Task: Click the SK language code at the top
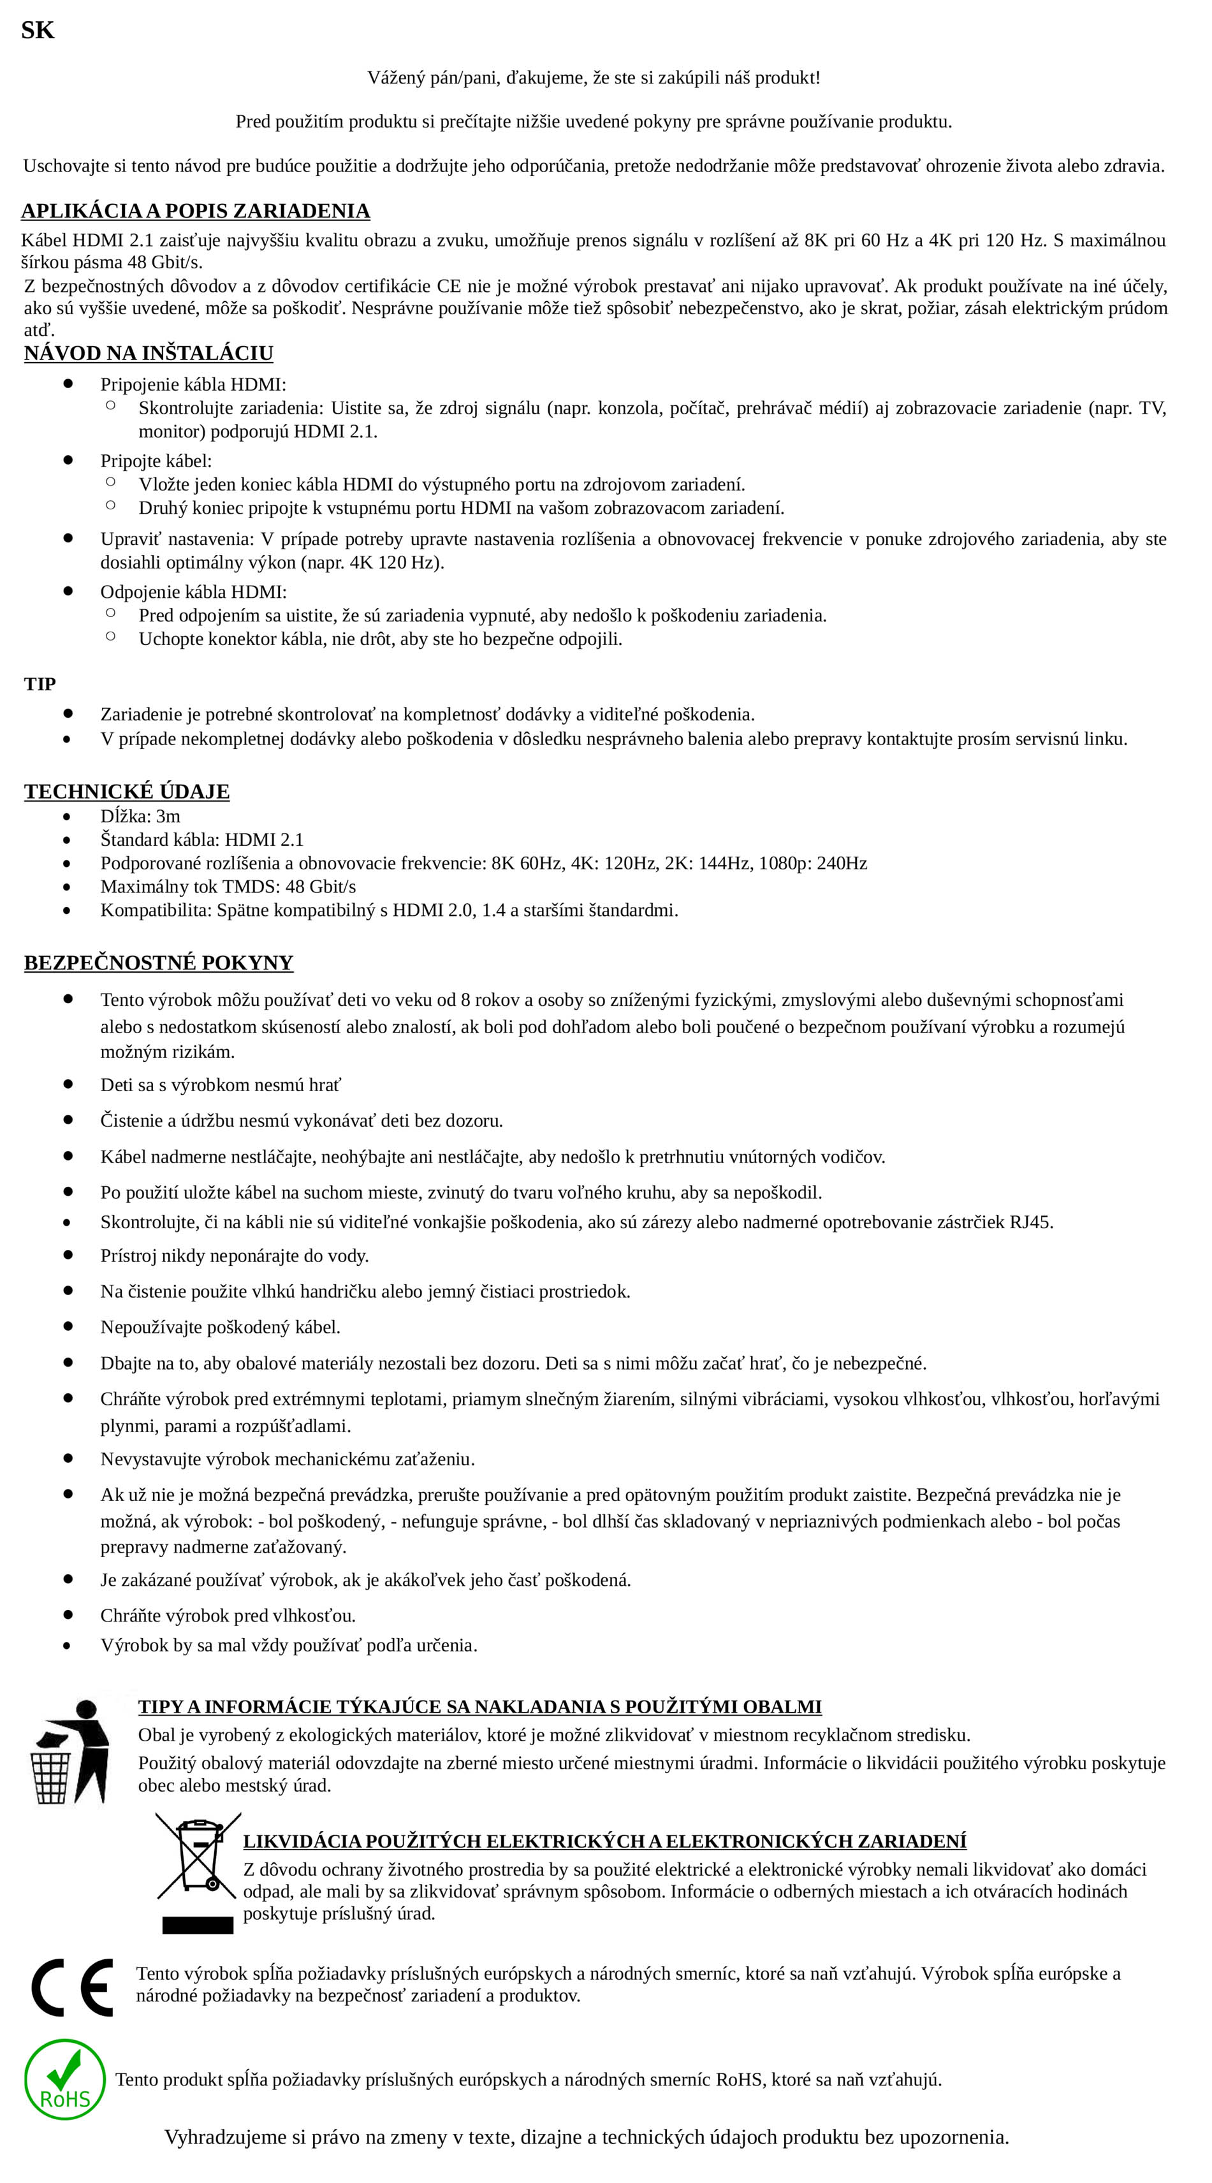tap(37, 31)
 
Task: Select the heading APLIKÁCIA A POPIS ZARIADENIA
tap(195, 211)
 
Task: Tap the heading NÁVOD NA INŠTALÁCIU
tap(149, 353)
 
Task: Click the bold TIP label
tap(40, 684)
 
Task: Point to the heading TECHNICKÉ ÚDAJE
tap(126, 792)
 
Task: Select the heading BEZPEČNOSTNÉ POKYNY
tap(159, 962)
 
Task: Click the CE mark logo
tap(72, 1987)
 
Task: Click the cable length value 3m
tap(168, 816)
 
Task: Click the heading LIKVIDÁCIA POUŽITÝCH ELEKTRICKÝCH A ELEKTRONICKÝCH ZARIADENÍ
tap(604, 1841)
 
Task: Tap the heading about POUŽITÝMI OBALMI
tap(479, 1707)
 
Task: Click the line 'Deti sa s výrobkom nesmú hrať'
tap(221, 1085)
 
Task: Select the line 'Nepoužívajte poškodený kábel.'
tap(221, 1327)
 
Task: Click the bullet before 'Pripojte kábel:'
tap(68, 460)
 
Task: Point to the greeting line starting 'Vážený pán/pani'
tap(594, 78)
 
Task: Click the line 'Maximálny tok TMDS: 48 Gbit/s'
tap(228, 887)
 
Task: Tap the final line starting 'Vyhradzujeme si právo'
tap(587, 2136)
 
